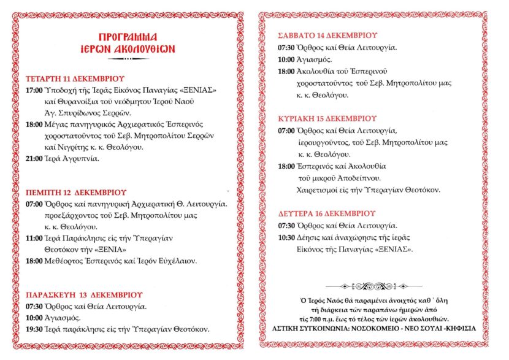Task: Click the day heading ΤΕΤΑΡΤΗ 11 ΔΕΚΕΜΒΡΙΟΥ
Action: [75, 79]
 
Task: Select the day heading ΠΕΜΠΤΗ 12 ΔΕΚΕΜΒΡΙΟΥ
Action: [76, 192]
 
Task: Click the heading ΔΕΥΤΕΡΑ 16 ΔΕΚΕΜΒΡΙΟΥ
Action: [326, 213]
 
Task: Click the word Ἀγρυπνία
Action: [79, 159]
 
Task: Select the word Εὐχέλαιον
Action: [176, 261]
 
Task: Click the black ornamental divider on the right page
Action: [374, 286]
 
